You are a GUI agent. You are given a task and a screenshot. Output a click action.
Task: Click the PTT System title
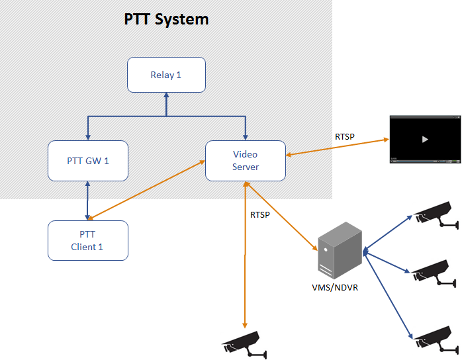(166, 19)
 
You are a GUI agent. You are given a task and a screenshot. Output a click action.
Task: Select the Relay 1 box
(166, 75)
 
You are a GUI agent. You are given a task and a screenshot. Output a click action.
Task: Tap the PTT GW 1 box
(88, 160)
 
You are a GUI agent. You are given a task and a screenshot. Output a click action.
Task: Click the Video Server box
(245, 160)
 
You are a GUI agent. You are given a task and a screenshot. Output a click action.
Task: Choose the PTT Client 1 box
(88, 240)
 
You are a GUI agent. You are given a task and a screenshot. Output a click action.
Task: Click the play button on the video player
(425, 139)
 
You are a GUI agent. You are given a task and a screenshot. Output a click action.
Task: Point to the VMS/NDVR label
(335, 288)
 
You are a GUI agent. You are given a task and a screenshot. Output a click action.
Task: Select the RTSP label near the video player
(345, 137)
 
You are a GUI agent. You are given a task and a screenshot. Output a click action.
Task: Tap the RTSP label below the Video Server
(260, 214)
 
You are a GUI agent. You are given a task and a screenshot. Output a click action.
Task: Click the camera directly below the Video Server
(244, 343)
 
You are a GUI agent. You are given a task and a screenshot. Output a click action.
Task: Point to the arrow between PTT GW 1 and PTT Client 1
(87, 201)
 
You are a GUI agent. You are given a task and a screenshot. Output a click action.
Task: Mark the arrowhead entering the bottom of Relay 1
(166, 95)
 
